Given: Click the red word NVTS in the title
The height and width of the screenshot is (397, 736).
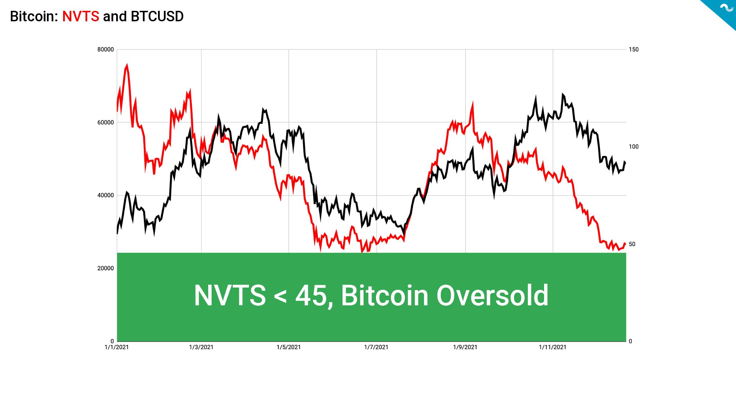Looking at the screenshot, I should [x=80, y=17].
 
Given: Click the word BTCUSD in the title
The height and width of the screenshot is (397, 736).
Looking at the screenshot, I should [x=157, y=17].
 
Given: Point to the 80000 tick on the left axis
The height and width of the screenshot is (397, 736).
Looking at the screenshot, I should [x=105, y=49].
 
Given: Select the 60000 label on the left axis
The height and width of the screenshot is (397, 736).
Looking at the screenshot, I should [x=105, y=122].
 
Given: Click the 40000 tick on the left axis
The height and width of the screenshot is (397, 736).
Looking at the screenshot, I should [x=105, y=195].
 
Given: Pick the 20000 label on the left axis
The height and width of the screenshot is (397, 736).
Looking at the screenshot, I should [x=105, y=268].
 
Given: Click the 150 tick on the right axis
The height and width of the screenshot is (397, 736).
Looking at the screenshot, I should [x=634, y=49].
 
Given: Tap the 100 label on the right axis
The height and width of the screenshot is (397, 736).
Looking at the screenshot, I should [x=634, y=147].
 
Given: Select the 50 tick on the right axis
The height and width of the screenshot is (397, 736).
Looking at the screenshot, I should [x=632, y=244].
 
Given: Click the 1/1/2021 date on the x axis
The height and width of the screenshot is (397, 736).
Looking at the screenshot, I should [x=117, y=347].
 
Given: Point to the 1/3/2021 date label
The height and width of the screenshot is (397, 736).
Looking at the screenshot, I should [x=201, y=347].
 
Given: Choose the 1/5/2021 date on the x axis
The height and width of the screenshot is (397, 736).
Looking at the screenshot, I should [x=289, y=347].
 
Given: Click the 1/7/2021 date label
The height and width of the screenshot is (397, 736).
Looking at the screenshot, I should [x=376, y=347].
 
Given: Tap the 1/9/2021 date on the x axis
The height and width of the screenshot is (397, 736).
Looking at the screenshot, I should [x=465, y=347].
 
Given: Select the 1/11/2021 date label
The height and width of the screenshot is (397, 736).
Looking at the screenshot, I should [x=553, y=347].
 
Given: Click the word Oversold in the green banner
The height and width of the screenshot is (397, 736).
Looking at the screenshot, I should [x=492, y=296].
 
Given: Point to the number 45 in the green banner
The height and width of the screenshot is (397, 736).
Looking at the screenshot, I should [x=311, y=296].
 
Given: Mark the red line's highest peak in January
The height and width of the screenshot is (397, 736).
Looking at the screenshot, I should [x=127, y=65].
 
